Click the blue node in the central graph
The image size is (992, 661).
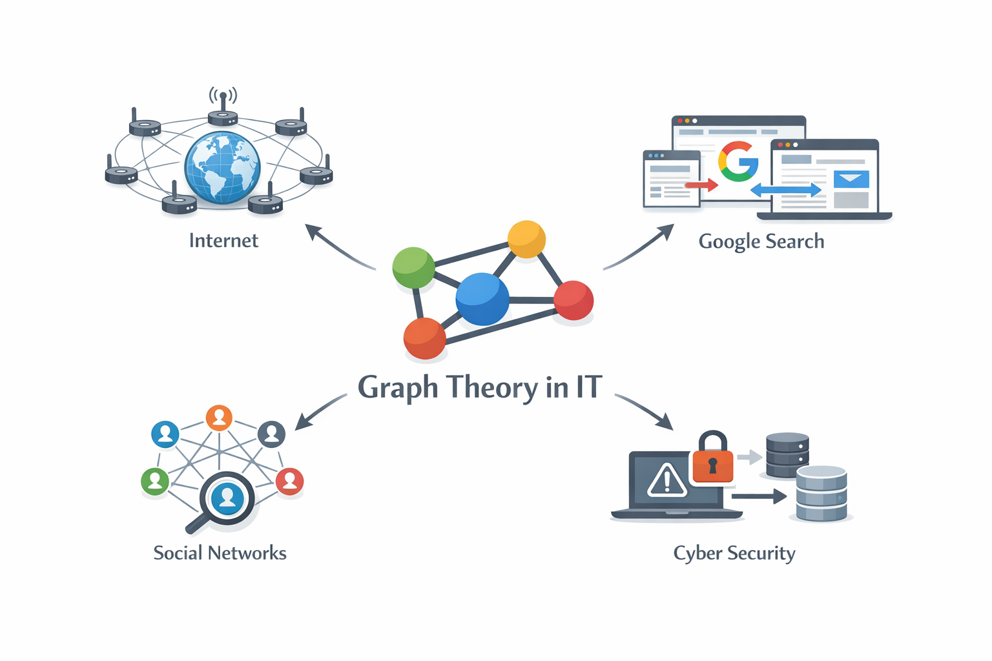[482, 299]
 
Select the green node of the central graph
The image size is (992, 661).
[413, 267]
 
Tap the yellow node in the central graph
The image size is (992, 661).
[526, 239]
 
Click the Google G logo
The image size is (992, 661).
[738, 162]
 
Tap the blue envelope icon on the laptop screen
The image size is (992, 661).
[851, 179]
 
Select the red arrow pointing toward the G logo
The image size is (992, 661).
[701, 185]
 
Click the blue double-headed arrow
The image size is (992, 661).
[786, 190]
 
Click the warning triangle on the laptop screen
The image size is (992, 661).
[667, 480]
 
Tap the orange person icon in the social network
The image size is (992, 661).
[219, 418]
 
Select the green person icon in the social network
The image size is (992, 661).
[155, 481]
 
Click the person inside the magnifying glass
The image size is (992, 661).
[227, 498]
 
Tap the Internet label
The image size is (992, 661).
[223, 241]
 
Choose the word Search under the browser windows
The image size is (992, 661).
[795, 241]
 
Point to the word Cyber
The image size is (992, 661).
[697, 554]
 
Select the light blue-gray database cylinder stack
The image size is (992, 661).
[821, 494]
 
